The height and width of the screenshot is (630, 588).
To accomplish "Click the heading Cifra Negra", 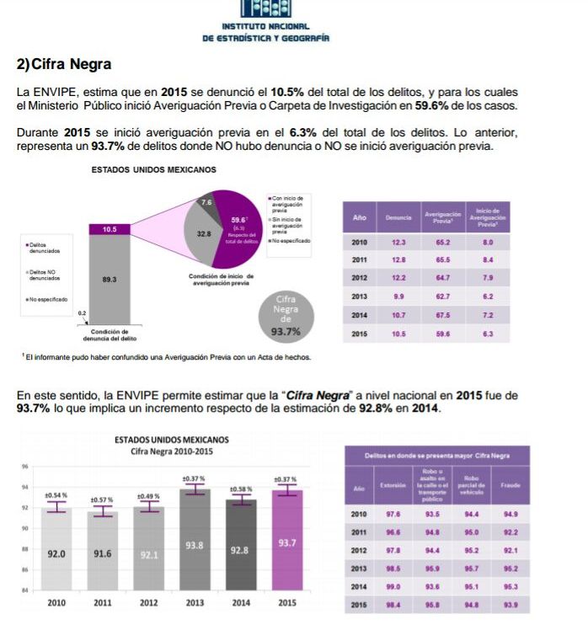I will click(64, 64).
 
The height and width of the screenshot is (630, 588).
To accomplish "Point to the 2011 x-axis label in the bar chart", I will click(102, 603).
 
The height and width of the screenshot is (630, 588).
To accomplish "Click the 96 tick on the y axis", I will click(25, 467).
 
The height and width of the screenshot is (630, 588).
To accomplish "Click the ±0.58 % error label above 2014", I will click(241, 489).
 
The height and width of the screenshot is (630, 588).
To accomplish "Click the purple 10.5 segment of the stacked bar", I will click(110, 229).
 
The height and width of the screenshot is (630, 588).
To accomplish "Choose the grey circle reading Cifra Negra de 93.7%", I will click(288, 315).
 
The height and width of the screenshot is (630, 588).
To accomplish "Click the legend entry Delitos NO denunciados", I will click(42, 275).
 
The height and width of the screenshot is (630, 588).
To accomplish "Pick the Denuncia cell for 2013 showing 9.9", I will click(398, 296).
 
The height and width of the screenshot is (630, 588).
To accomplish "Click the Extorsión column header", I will click(393, 487).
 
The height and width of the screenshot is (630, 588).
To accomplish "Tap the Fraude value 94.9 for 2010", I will click(510, 513).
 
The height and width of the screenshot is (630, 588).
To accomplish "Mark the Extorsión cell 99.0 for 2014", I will click(393, 586).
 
